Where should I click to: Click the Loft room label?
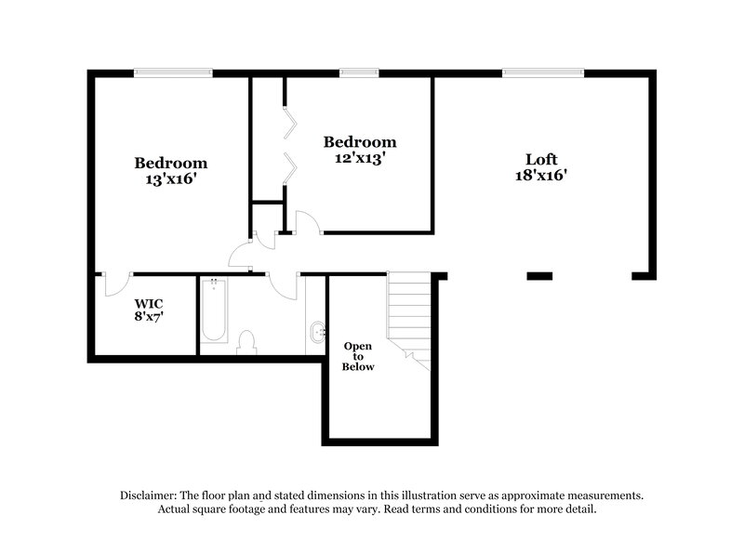click(x=540, y=158)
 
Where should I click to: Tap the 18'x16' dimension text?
click(x=540, y=175)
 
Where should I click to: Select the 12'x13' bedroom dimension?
click(x=360, y=159)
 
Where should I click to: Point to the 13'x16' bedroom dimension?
click(x=170, y=179)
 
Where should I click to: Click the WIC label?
click(x=149, y=303)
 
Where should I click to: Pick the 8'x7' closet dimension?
click(x=149, y=316)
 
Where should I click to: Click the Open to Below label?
click(x=358, y=356)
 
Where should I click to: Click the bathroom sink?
click(x=316, y=330)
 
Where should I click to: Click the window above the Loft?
click(x=543, y=72)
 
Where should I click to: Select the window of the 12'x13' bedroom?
click(x=359, y=72)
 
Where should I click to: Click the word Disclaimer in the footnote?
click(x=150, y=495)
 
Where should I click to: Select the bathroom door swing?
click(x=284, y=284)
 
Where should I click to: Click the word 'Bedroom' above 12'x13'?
click(x=360, y=142)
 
